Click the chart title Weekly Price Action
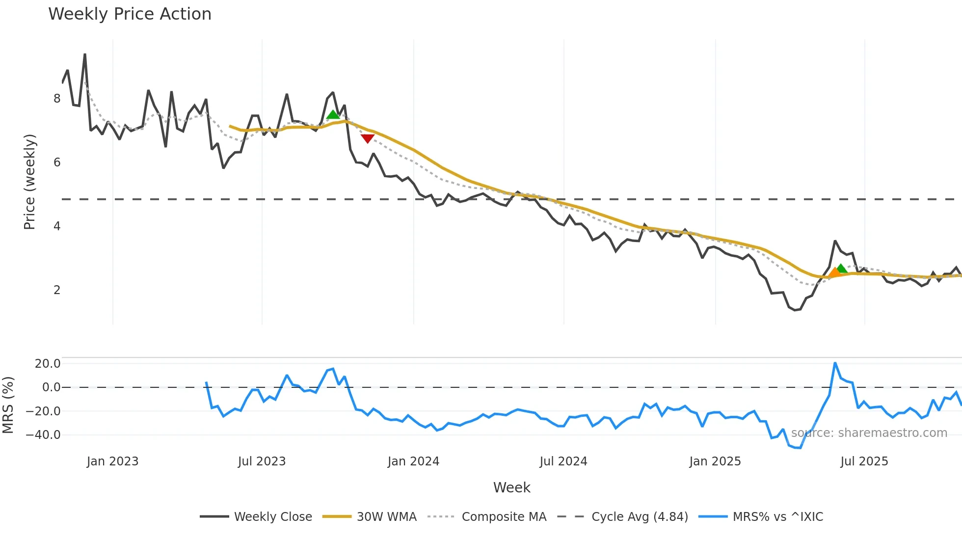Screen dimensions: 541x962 pos(130,14)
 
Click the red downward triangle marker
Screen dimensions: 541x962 pos(367,138)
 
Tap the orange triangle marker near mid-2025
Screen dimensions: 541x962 pos(834,272)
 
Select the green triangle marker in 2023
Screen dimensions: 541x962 pos(333,115)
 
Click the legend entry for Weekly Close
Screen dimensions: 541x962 pos(256,516)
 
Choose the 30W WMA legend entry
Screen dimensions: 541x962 pos(370,516)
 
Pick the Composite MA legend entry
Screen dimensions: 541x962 pos(487,516)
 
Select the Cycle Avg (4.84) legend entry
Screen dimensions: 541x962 pos(623,516)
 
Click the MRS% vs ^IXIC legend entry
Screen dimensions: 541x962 pos(761,516)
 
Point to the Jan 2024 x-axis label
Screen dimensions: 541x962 pos(413,461)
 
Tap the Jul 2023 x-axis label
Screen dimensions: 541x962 pos(262,461)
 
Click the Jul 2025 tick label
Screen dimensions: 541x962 pos(864,461)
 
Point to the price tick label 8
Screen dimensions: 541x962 pos(57,99)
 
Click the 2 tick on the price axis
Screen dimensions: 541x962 pos(57,290)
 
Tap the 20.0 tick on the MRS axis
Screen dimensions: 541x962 pos(47,364)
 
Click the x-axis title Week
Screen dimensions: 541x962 pos(511,487)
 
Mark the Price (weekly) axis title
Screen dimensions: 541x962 pos(29,182)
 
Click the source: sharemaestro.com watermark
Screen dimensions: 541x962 pos(869,433)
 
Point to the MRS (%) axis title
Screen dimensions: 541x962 pos(8,405)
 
